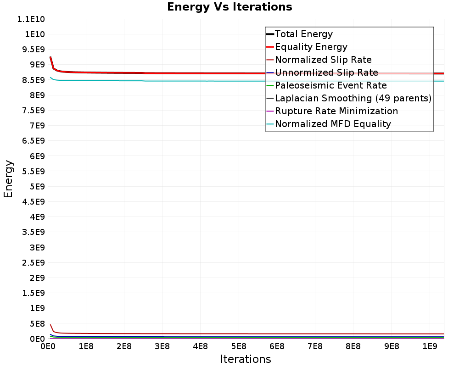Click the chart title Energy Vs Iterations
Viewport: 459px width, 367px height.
pos(229,7)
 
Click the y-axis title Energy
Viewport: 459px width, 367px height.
pos(8,178)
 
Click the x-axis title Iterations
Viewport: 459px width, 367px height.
pos(246,359)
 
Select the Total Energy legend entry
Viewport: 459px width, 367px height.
pos(303,34)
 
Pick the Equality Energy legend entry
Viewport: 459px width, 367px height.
pos(311,47)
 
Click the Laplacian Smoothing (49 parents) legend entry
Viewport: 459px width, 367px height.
pos(353,98)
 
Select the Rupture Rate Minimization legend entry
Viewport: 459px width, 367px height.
pos(336,111)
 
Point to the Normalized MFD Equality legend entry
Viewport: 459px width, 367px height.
pos(333,124)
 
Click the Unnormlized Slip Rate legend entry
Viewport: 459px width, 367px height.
pos(326,72)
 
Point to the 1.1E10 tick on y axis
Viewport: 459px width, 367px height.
pos(29,19)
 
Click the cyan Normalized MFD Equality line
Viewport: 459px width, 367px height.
pos(207,81)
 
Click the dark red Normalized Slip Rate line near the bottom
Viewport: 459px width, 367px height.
pos(207,334)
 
